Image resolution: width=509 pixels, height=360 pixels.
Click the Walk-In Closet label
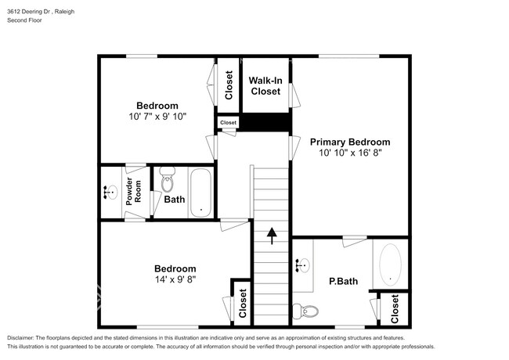click(265, 85)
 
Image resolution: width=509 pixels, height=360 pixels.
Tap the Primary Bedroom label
click(349, 142)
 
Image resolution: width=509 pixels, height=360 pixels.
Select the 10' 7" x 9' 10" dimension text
click(157, 117)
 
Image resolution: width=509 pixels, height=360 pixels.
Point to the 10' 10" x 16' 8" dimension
click(349, 153)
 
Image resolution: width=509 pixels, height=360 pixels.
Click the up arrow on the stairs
click(272, 235)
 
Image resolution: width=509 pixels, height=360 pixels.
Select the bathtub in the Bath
click(201, 192)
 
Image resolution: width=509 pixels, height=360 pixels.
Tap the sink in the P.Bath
click(301, 266)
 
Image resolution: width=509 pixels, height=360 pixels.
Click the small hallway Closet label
click(228, 123)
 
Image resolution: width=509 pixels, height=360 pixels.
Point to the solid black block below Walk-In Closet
click(265, 123)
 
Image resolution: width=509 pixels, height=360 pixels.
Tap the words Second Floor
click(25, 20)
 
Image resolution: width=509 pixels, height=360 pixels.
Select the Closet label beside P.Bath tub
click(395, 309)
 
